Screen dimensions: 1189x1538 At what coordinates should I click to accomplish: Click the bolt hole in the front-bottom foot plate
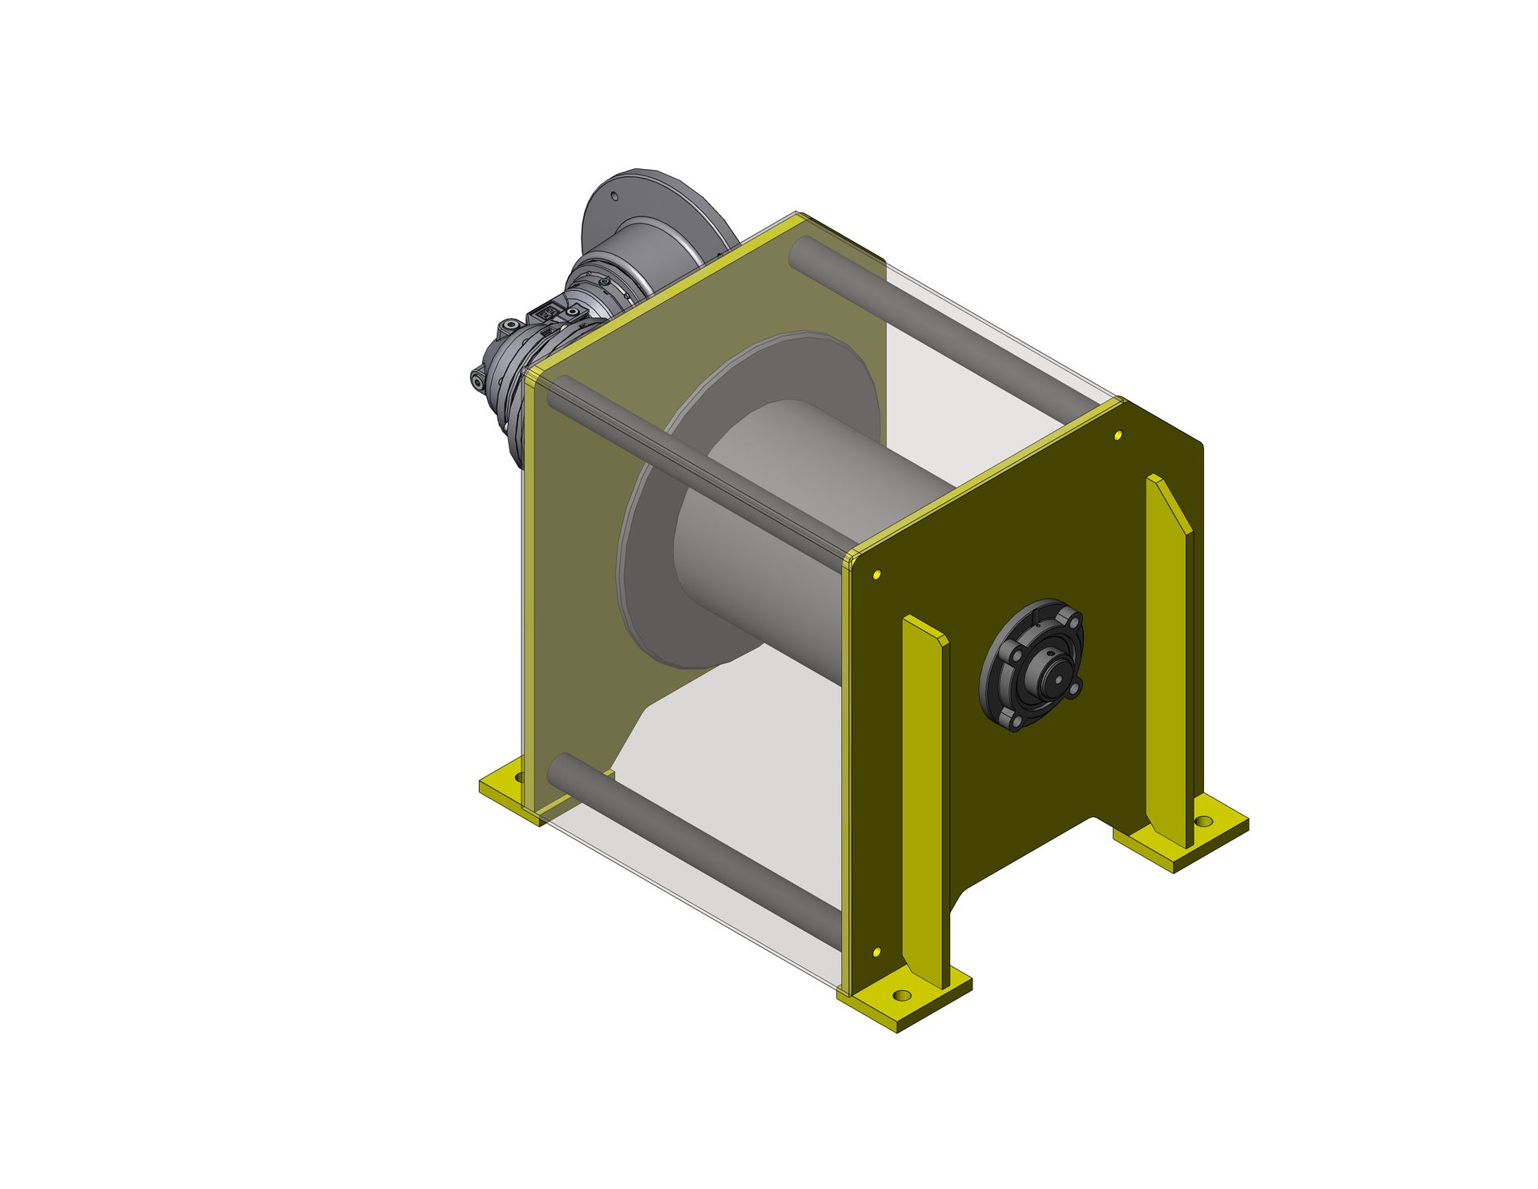tap(903, 996)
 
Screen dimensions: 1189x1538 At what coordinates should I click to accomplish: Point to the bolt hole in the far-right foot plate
tap(1203, 822)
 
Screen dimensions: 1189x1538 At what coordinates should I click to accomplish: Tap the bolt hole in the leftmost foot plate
tap(518, 777)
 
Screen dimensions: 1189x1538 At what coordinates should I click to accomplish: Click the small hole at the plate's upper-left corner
tap(876, 574)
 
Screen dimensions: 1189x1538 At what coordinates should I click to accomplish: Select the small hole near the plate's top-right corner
tap(1119, 435)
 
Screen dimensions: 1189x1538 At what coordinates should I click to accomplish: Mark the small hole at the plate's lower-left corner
tap(876, 952)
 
